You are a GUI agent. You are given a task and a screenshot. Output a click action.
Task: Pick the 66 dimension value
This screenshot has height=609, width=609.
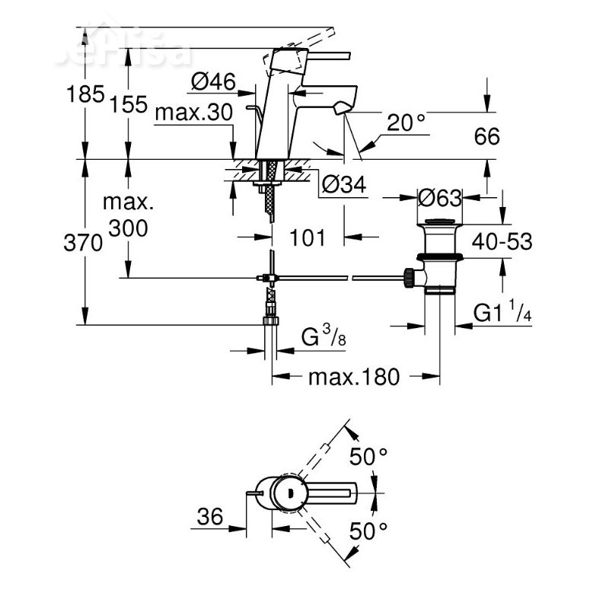[487, 137]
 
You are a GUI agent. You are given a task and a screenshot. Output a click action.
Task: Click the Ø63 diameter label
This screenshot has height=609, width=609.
[440, 198]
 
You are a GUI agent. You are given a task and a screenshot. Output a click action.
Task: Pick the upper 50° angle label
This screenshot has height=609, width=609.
[368, 458]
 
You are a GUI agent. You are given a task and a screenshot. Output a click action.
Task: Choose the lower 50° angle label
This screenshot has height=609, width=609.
[368, 530]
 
